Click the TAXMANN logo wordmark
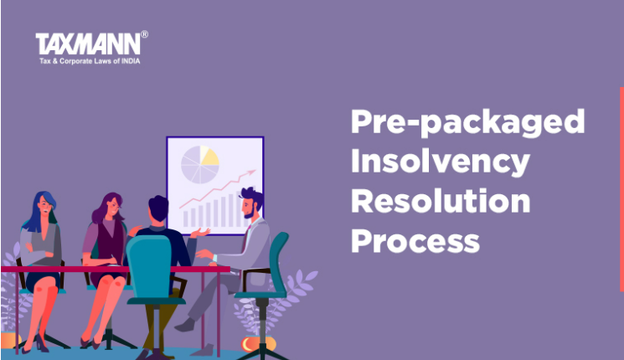[x=88, y=44]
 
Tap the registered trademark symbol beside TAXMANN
[x=144, y=34]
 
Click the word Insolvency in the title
[x=440, y=162]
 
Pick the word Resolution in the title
[x=441, y=201]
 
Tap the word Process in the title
[x=415, y=241]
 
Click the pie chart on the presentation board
[x=200, y=164]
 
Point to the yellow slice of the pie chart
[x=209, y=156]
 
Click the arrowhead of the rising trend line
[x=252, y=172]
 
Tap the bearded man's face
[x=250, y=208]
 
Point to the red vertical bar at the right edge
[x=621, y=189]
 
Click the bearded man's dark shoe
[x=184, y=326]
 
